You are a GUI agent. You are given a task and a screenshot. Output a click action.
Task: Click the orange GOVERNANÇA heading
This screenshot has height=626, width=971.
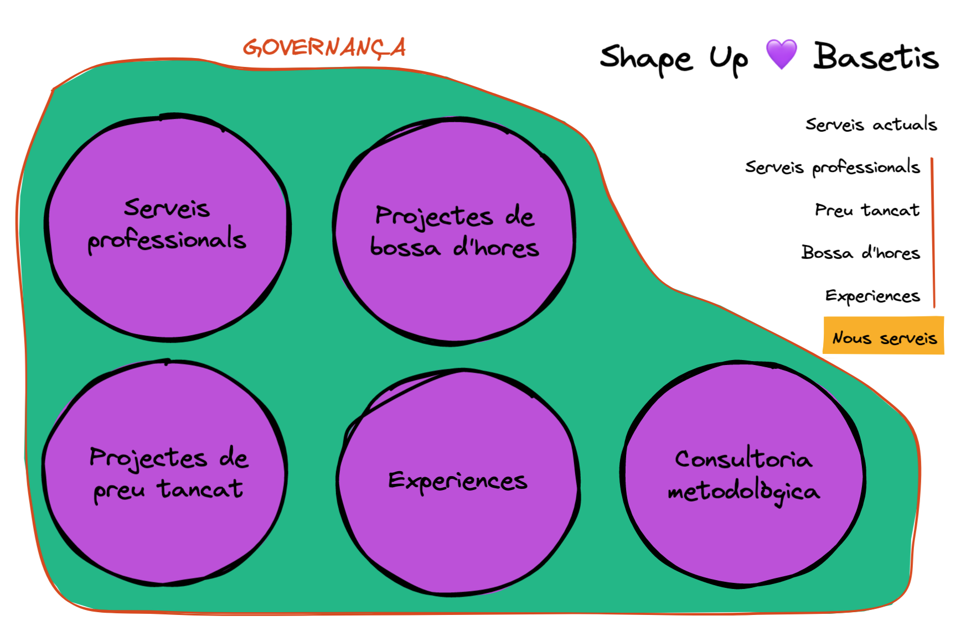click(x=324, y=48)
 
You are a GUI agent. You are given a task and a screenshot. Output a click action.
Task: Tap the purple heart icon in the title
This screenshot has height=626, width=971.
click(x=781, y=54)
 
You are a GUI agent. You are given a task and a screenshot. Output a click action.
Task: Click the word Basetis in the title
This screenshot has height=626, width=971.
click(x=876, y=57)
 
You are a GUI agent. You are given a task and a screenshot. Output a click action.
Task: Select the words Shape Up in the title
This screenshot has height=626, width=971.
click(x=674, y=59)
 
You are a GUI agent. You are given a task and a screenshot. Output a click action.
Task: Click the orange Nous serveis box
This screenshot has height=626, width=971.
click(x=884, y=336)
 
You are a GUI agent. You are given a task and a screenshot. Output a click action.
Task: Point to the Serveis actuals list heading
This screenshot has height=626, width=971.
click(x=871, y=124)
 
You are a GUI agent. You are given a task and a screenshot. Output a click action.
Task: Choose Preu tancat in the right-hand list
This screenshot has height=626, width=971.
click(x=867, y=210)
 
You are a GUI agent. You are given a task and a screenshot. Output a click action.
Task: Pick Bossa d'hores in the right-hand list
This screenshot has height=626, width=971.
click(x=860, y=253)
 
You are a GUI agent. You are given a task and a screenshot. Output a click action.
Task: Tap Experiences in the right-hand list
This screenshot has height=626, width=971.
click(x=872, y=296)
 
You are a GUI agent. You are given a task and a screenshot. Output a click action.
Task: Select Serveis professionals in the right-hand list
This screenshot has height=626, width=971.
click(x=832, y=167)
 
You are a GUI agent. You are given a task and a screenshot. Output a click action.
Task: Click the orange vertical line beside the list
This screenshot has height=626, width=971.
click(x=933, y=232)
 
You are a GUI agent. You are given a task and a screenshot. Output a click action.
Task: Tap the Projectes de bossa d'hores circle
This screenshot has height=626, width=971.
click(x=454, y=293)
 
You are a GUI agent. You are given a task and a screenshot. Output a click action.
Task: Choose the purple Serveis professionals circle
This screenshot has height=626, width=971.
click(x=167, y=288)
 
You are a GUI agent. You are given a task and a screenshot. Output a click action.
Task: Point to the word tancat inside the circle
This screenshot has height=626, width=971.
click(x=200, y=489)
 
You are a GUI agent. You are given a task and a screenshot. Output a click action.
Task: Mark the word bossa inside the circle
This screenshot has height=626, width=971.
click(x=405, y=247)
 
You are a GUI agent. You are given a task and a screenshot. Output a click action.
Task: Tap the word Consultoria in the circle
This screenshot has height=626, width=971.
click(x=743, y=459)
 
